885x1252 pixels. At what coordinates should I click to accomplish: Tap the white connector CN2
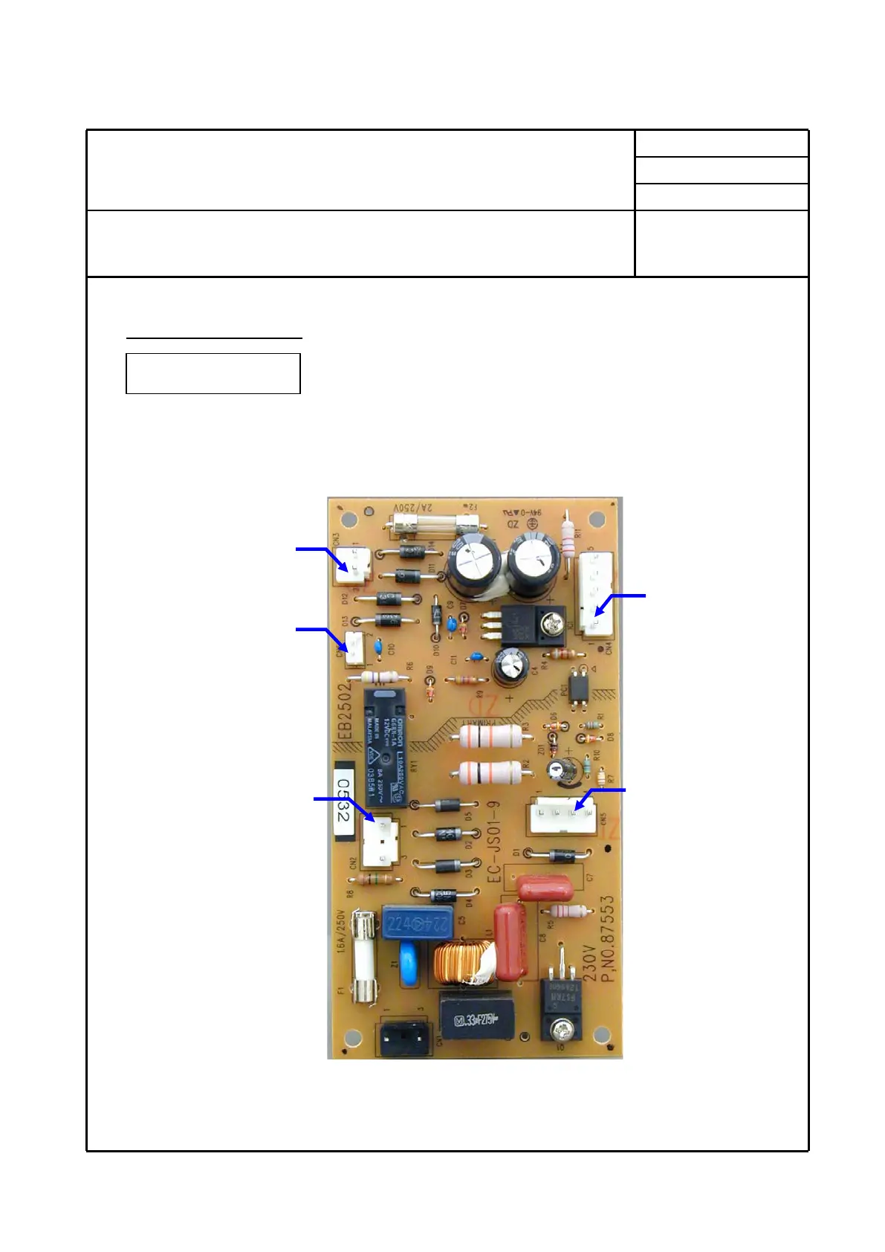pos(379,843)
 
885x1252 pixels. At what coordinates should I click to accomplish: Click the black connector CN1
pos(405,1036)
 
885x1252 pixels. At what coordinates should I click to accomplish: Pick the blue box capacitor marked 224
pos(418,925)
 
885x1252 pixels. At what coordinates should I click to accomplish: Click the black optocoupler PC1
pos(578,683)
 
